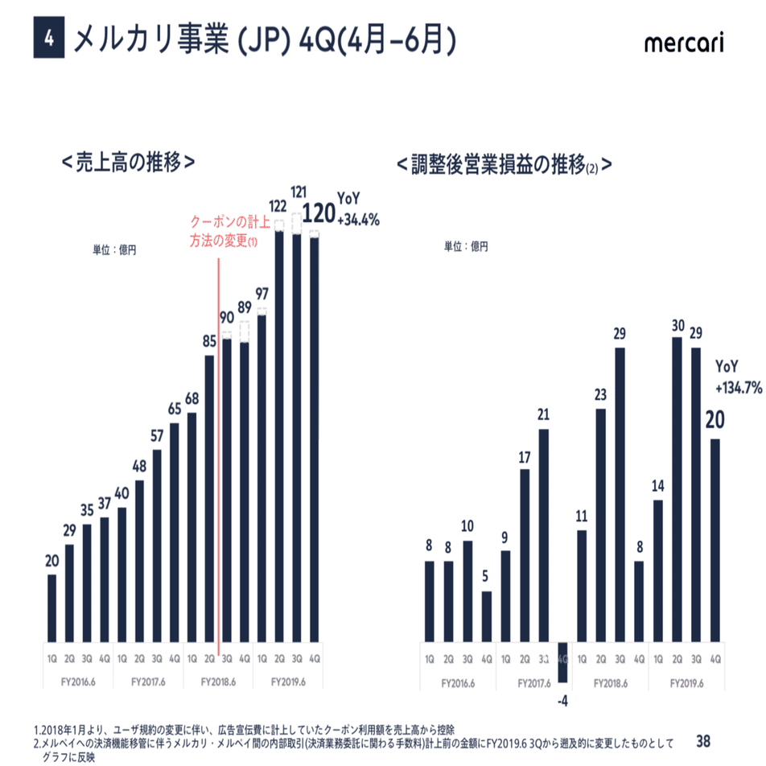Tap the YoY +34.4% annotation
pyautogui.click(x=357, y=211)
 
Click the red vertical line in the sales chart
pyautogui.click(x=219, y=451)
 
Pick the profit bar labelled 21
pyautogui.click(x=543, y=536)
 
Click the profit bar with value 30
pyautogui.click(x=677, y=490)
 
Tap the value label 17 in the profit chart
pyautogui.click(x=525, y=457)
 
